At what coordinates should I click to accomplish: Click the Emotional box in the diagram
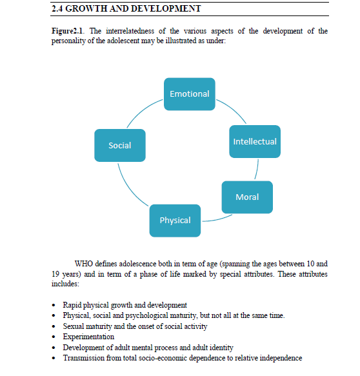[x=189, y=94]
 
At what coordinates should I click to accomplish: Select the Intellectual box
[x=255, y=141]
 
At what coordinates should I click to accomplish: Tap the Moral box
[x=247, y=197]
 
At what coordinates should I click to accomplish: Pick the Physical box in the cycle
[x=175, y=220]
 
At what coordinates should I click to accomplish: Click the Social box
[x=120, y=145]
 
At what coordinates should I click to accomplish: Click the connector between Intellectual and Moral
[x=257, y=169]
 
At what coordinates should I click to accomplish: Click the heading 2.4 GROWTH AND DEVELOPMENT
[x=125, y=8]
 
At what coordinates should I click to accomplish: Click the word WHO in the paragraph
[x=84, y=264]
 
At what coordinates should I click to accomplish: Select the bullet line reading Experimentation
[x=88, y=337]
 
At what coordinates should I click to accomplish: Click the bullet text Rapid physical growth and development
[x=125, y=304]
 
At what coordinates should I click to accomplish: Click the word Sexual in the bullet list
[x=74, y=326]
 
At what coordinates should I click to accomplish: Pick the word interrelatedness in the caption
[x=115, y=31]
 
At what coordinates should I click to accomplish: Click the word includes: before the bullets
[x=65, y=284]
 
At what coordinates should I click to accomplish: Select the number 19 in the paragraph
[x=55, y=274]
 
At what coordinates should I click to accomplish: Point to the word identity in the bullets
[x=221, y=347]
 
